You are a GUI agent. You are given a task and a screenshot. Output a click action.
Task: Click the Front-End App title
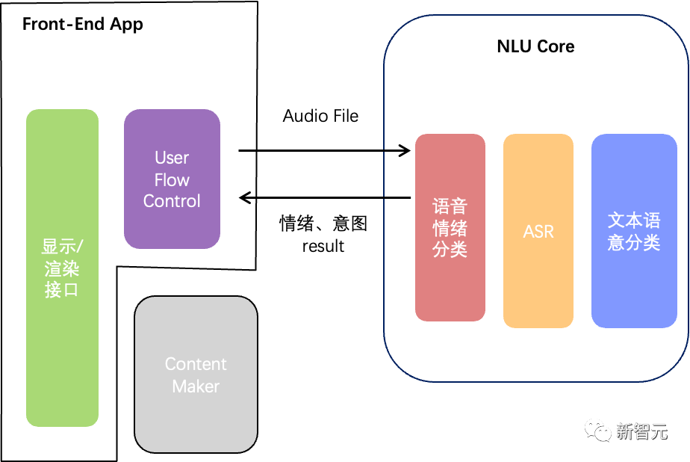[83, 24]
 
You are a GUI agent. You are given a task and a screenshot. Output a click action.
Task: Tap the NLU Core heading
[535, 46]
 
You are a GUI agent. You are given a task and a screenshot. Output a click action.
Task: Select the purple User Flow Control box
[172, 179]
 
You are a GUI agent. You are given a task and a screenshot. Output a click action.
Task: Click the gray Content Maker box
[196, 375]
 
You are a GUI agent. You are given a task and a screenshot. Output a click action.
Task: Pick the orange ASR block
[538, 231]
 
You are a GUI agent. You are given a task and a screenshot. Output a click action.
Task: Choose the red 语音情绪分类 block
[450, 227]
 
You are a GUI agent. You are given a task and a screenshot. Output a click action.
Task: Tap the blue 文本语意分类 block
[634, 231]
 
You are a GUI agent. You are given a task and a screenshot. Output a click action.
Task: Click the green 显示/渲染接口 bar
[62, 268]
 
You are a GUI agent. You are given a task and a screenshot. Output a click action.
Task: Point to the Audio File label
[320, 116]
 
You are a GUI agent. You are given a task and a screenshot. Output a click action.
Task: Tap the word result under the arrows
[323, 246]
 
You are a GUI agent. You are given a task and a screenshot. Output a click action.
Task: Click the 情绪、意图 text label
[323, 224]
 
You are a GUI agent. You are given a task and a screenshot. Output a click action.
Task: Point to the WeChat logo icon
[597, 431]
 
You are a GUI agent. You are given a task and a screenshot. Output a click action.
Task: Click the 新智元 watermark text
[642, 431]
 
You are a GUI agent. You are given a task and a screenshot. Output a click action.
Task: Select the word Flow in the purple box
[172, 179]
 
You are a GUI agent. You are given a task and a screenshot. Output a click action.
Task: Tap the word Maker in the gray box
[196, 386]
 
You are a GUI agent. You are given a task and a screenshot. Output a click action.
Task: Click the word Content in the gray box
[196, 364]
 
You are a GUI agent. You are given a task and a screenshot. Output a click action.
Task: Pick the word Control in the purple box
[172, 201]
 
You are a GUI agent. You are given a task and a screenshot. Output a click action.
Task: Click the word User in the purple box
[172, 158]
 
